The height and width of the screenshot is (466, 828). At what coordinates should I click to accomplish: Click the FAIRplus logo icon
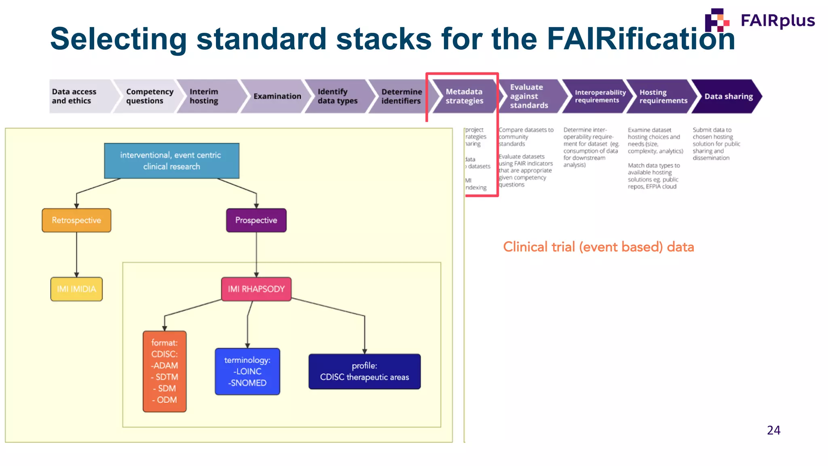point(716,20)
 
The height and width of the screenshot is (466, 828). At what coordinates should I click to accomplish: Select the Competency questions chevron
point(148,96)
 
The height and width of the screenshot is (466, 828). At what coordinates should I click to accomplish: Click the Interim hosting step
point(208,96)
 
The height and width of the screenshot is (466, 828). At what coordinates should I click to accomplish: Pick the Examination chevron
point(277,96)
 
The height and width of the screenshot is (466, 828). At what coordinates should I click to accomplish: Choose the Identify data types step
point(338,96)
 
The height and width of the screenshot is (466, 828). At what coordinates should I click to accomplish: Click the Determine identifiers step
point(401,96)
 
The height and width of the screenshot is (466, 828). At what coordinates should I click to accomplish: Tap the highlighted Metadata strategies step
point(464,96)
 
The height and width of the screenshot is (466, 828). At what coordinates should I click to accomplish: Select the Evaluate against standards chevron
point(529,96)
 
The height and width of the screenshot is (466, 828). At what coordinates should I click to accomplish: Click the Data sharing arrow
point(728,96)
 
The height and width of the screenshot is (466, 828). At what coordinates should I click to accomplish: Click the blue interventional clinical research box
point(171,161)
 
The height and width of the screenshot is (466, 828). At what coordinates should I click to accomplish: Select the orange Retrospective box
point(76,220)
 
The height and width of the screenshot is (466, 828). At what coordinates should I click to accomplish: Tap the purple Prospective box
point(256,220)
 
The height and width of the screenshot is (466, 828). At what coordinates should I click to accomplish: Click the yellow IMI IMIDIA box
point(76,289)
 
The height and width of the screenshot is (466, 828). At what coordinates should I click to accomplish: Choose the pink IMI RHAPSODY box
point(256,289)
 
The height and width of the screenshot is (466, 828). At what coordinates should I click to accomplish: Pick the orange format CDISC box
point(165,371)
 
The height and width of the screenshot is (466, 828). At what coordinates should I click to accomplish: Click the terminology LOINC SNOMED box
point(247,371)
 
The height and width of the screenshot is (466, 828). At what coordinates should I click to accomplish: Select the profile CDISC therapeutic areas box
point(364,371)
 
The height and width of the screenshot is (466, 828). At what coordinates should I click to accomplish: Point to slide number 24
point(773,430)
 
